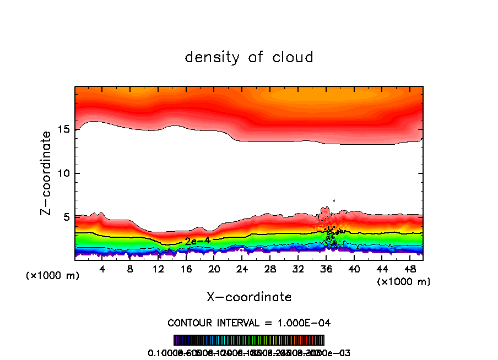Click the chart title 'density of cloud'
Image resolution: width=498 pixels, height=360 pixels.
click(x=249, y=57)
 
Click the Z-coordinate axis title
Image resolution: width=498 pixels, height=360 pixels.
click(x=47, y=172)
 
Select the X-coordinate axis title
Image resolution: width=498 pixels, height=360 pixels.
click(x=249, y=297)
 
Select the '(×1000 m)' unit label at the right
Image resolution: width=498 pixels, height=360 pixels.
click(x=404, y=282)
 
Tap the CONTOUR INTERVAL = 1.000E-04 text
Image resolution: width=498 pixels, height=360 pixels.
click(x=249, y=323)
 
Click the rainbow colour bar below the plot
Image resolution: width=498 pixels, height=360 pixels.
click(x=249, y=340)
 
